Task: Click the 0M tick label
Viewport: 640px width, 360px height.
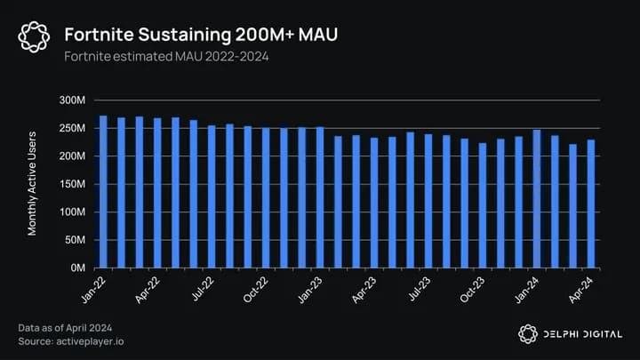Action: (x=77, y=268)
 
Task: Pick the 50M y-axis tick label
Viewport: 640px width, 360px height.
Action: (x=75, y=240)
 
